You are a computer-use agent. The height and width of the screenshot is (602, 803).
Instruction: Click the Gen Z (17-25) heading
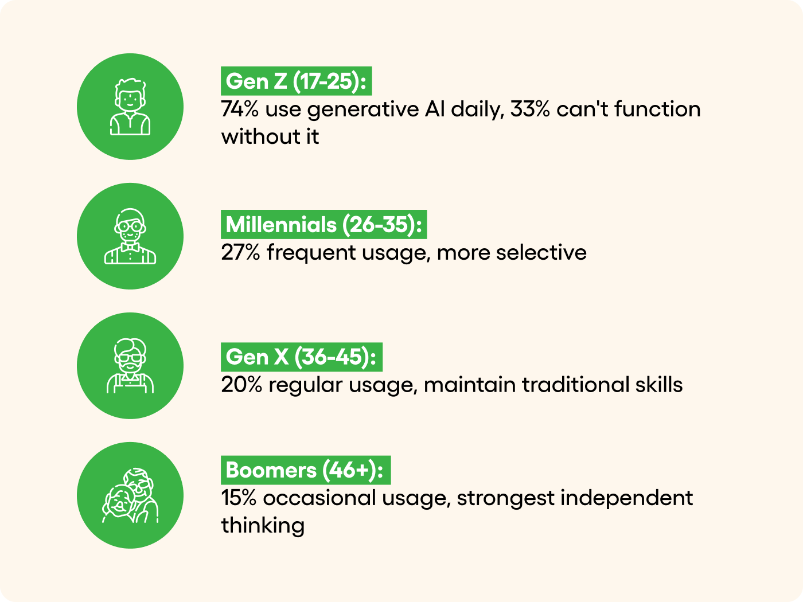(296, 81)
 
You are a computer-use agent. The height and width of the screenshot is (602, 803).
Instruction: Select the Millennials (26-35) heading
(323, 224)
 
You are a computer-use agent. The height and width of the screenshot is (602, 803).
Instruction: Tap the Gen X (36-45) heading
(302, 357)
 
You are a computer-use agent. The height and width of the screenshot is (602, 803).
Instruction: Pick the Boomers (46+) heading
(306, 470)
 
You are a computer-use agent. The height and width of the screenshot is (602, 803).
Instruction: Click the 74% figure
(240, 109)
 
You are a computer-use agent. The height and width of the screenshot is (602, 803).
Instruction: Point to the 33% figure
(530, 109)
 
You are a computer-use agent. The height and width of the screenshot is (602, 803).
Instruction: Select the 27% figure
(240, 252)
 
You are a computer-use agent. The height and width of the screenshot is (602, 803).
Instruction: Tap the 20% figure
(241, 385)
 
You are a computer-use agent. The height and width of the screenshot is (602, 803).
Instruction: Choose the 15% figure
(239, 498)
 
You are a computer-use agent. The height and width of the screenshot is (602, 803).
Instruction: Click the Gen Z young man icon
(130, 107)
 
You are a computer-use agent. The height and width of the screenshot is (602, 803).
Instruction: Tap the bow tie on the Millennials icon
(130, 248)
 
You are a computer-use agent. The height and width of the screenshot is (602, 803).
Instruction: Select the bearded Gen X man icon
(130, 366)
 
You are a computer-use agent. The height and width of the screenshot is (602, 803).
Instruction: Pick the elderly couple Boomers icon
(130, 495)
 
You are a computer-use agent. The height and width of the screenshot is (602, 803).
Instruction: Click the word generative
(362, 110)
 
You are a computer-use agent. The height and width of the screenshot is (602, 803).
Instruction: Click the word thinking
(263, 526)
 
